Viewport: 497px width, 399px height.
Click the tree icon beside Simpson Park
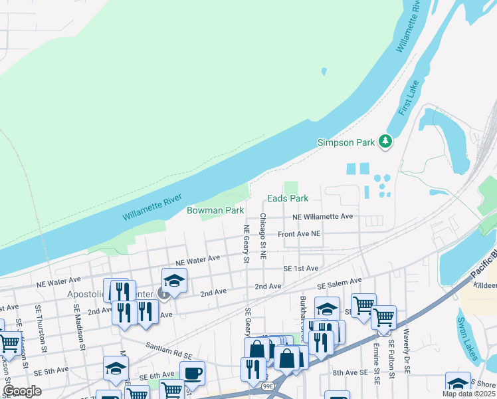[x=385, y=141]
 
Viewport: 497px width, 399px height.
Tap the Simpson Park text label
[x=346, y=142]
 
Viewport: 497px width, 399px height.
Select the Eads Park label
[x=288, y=198]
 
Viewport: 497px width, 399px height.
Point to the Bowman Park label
[x=215, y=210]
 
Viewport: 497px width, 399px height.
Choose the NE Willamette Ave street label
[x=322, y=217]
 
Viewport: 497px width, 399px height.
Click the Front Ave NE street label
[x=299, y=234]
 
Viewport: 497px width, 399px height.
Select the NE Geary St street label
[x=246, y=243]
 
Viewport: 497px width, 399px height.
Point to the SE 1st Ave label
[x=300, y=268]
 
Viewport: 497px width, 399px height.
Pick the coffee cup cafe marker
[x=193, y=373]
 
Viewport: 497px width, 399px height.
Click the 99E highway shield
[x=268, y=386]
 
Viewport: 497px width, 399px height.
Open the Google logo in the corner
[x=22, y=391]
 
